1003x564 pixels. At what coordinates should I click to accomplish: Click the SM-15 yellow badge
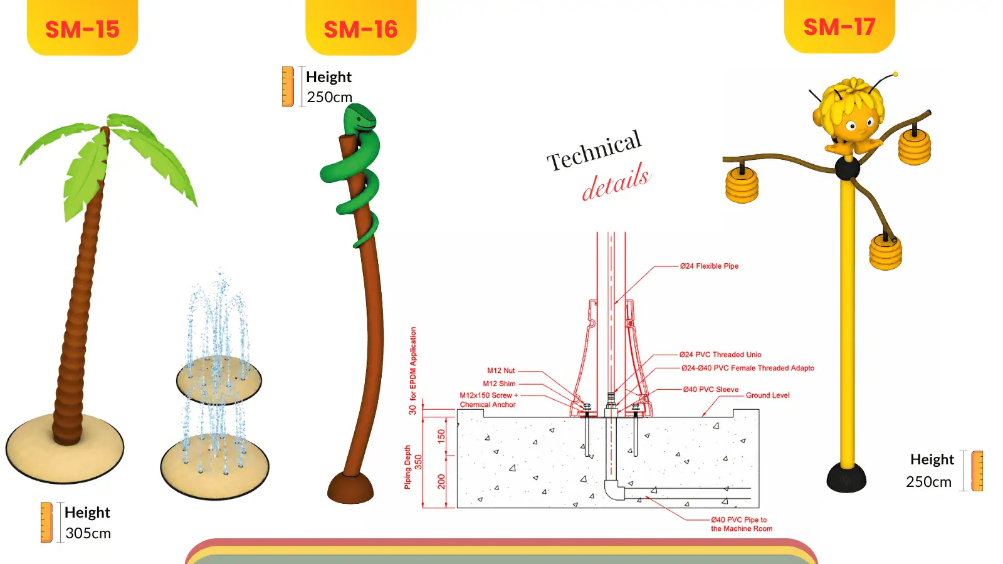coord(82,27)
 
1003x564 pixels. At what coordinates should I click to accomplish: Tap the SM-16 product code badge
coord(361,27)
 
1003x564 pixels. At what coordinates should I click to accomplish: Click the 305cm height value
coord(88,533)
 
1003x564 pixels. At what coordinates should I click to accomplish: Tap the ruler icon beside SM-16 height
coord(288,87)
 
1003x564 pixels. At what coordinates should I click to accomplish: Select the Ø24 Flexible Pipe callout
coord(709,266)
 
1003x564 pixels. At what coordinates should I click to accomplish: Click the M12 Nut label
coord(501,370)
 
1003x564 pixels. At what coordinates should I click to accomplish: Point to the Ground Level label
coord(767,395)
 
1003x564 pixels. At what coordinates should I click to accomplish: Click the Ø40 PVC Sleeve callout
coord(711,389)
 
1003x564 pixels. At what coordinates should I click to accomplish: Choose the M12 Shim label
coord(499,384)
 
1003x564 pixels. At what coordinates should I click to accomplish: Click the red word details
coord(616,182)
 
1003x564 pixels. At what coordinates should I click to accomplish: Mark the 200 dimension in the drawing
coord(441,482)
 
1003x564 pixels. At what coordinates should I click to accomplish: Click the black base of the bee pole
coord(846,478)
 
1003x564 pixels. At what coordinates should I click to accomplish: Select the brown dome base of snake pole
coord(350,488)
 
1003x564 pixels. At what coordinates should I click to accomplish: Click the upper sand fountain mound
coord(219,380)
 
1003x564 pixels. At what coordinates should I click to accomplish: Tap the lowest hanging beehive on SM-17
coord(885,253)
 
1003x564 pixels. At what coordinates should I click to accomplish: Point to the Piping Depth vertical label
coord(407,467)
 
